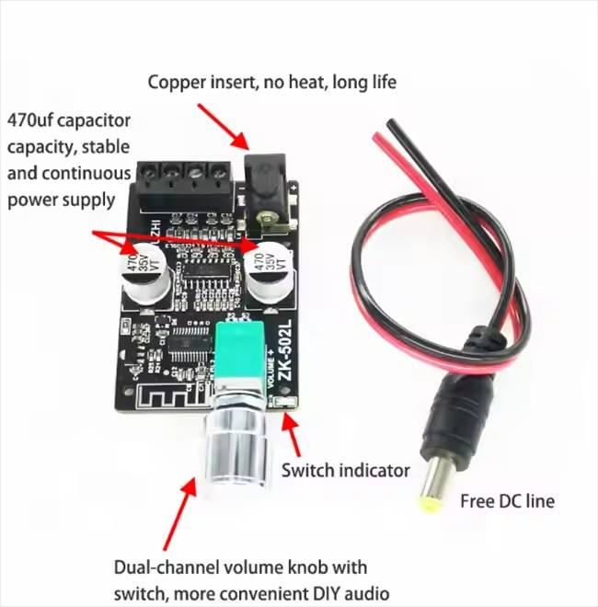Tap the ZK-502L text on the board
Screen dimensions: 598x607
coord(285,353)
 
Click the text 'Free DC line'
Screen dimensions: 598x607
coord(506,501)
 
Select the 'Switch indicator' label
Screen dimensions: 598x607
coord(345,470)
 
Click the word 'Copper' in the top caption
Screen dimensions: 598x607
coord(178,82)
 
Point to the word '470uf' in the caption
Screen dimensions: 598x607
coord(33,120)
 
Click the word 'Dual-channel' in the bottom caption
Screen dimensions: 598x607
coord(161,567)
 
